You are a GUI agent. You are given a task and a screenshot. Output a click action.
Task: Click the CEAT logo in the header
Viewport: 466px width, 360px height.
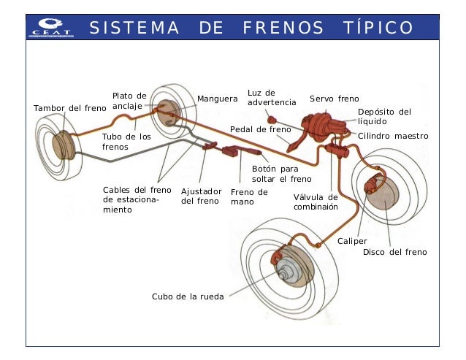point(50,27)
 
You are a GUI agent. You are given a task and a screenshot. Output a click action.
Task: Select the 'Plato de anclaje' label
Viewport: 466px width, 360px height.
point(129,101)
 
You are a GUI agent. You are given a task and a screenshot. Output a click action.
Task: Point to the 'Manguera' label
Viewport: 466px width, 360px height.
point(217,99)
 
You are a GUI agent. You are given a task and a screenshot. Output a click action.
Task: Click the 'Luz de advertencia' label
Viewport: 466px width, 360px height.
point(272,97)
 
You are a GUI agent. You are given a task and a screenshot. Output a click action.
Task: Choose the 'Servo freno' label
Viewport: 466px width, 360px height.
point(334,99)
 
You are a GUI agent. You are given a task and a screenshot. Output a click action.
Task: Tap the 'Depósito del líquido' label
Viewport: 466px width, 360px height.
point(384,116)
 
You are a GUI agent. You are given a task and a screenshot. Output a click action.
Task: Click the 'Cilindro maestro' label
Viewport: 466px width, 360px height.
point(393,136)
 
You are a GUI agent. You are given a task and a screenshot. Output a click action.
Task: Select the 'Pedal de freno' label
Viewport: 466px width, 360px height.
point(260,129)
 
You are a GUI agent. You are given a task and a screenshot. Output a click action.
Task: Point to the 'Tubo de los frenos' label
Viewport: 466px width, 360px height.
point(126,142)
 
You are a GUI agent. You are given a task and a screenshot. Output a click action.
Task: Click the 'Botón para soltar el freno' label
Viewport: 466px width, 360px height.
point(281,173)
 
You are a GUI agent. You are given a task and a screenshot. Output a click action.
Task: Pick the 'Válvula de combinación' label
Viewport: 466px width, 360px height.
point(316,202)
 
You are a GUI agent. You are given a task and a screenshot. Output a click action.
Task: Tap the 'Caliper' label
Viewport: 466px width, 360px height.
point(352,240)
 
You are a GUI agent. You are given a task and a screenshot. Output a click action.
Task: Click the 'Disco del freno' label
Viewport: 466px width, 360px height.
point(394,252)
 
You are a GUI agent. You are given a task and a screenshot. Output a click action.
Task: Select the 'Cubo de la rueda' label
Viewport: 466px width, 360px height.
point(187,296)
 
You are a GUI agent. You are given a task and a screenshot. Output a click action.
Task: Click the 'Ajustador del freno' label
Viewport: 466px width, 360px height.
point(201,196)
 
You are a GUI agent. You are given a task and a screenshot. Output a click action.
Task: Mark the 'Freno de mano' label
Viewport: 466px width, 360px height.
point(248,196)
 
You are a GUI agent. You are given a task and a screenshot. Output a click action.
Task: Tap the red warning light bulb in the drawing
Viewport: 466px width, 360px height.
point(271,119)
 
